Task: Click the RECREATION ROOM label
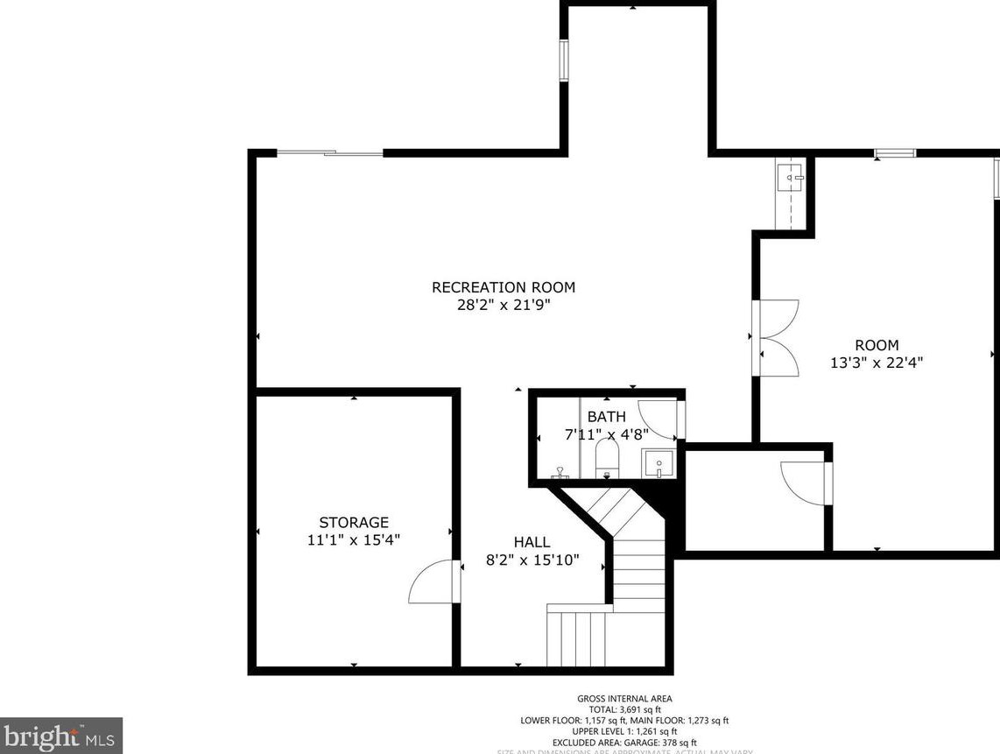pyautogui.click(x=503, y=287)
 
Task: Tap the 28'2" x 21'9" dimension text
pyautogui.click(x=503, y=306)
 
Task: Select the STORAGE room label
pyautogui.click(x=353, y=523)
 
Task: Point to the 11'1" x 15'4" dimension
pyautogui.click(x=353, y=541)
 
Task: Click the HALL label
pyautogui.click(x=532, y=543)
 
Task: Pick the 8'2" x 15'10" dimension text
pyautogui.click(x=532, y=561)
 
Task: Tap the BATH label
pyautogui.click(x=606, y=417)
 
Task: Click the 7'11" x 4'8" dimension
pyautogui.click(x=606, y=433)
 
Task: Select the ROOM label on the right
pyautogui.click(x=877, y=345)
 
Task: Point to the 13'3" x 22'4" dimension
pyautogui.click(x=877, y=362)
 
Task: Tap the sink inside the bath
pyautogui.click(x=658, y=462)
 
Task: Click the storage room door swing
pyautogui.click(x=433, y=582)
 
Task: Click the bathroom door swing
pyautogui.click(x=659, y=419)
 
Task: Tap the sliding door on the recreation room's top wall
pyautogui.click(x=330, y=154)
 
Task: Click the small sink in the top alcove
pyautogui.click(x=792, y=179)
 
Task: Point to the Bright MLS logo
pyautogui.click(x=60, y=735)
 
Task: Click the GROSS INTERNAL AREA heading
pyautogui.click(x=624, y=698)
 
